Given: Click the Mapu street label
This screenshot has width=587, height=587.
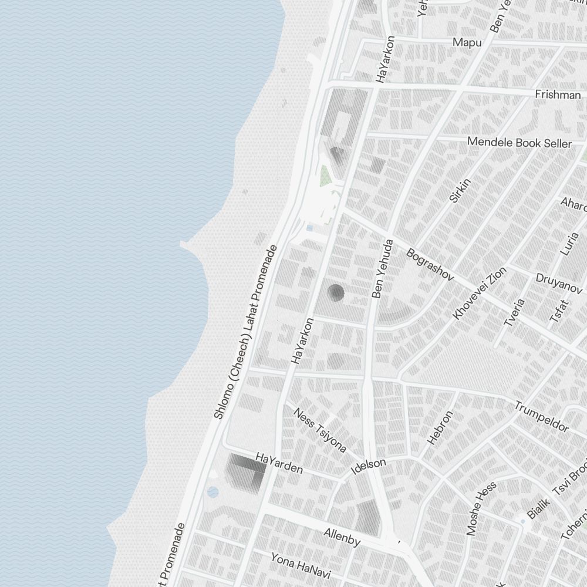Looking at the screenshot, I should click(x=467, y=43).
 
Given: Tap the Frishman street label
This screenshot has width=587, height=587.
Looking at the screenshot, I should click(x=558, y=95).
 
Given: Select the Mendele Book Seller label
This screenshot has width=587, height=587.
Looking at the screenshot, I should click(x=519, y=143).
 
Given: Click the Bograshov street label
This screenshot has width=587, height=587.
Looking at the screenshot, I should click(x=430, y=264).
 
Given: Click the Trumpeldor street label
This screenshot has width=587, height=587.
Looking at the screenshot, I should click(x=541, y=416).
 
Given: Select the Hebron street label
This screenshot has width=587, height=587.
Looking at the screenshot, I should click(x=440, y=427).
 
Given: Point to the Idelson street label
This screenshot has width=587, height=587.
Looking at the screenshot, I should click(x=368, y=466).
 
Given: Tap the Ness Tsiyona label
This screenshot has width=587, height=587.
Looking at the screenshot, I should click(x=319, y=430).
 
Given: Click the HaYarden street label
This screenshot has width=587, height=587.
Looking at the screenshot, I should click(x=279, y=463).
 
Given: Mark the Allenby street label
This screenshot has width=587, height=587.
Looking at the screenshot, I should click(x=342, y=537).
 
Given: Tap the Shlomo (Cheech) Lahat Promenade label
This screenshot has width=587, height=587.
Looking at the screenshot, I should click(x=245, y=332).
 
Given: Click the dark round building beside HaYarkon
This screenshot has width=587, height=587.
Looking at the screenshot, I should click(x=336, y=292).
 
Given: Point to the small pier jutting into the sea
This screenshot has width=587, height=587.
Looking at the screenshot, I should click(x=185, y=244).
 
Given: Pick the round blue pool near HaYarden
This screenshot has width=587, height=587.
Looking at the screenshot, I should click(x=213, y=492).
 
